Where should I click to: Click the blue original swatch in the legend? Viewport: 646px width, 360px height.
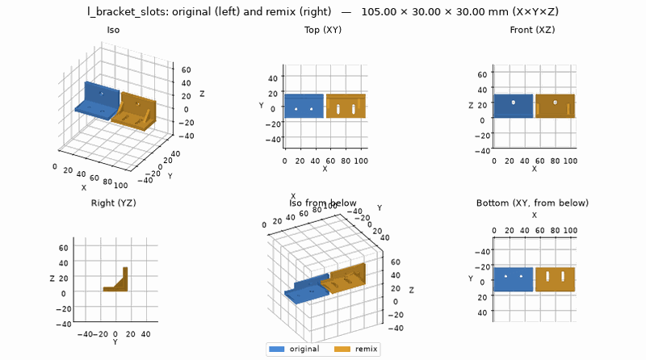276,349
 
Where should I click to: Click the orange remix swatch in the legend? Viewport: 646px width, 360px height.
342,349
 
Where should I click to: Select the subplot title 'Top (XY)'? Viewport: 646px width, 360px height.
323,30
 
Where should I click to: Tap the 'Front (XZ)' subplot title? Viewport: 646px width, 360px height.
532,30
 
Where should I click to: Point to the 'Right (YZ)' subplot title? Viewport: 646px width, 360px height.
113,203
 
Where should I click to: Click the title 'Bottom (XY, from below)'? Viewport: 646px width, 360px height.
532,203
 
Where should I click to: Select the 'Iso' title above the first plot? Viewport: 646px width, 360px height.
113,30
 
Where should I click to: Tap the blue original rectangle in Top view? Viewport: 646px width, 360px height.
304,107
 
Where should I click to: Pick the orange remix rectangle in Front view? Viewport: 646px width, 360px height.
555,106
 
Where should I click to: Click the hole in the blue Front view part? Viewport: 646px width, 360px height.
514,103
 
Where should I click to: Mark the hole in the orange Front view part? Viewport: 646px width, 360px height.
555,103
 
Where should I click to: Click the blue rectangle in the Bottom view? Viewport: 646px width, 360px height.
514,279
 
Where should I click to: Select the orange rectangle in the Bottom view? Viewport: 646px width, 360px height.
555,279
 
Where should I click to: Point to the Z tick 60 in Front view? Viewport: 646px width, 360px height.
482,74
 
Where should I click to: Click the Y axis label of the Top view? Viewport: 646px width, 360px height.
261,106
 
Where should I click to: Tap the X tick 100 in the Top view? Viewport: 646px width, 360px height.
361,161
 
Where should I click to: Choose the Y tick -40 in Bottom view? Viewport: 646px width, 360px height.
482,252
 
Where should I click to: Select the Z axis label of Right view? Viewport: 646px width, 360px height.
52,278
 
